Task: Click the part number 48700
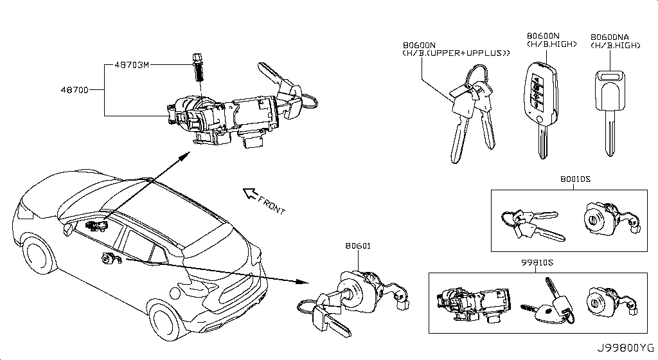point(75,90)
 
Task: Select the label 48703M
point(132,65)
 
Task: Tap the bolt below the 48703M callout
point(197,67)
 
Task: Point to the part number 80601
point(358,246)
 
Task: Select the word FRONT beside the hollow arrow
point(271,205)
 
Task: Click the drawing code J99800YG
point(626,348)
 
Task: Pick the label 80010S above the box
point(575,179)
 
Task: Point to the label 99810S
point(537,263)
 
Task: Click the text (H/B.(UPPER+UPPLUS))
point(456,53)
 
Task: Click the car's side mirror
point(67,230)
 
